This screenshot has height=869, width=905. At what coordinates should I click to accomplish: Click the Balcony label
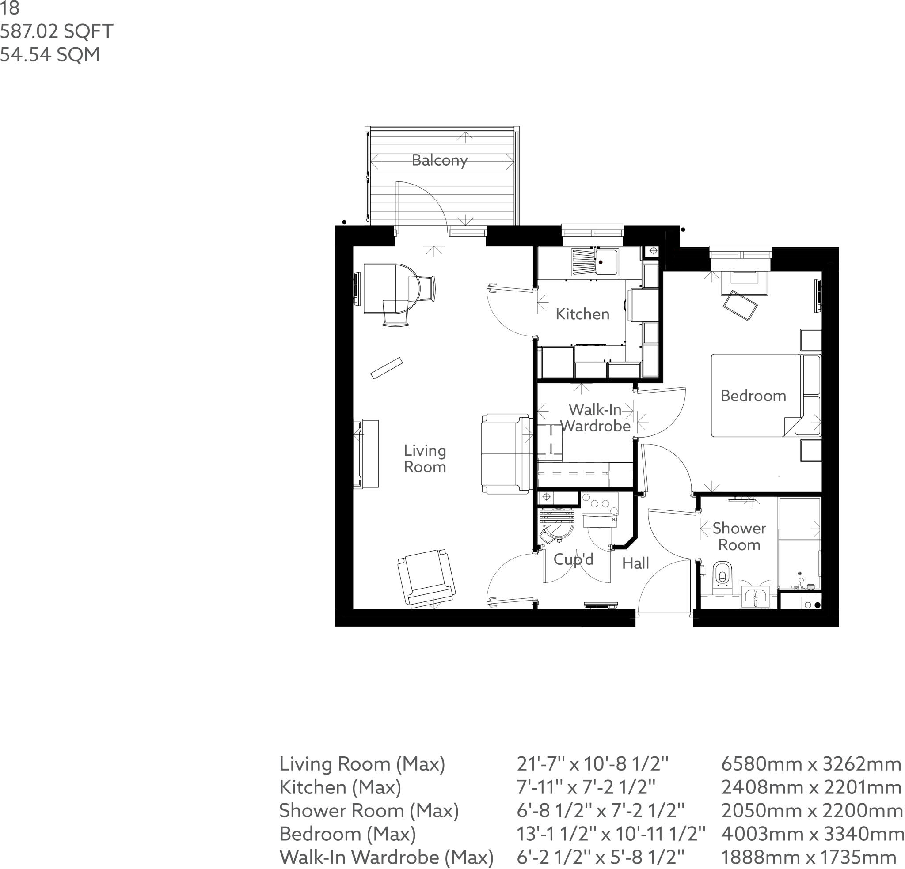(x=439, y=160)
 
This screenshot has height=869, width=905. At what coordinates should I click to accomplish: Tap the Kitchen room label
(x=582, y=314)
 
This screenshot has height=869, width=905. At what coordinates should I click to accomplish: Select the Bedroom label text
(x=753, y=396)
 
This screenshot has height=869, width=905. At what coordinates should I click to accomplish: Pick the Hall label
(x=635, y=563)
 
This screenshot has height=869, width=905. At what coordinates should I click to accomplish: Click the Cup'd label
(x=573, y=559)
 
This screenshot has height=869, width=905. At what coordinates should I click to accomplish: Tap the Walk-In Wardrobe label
(x=595, y=417)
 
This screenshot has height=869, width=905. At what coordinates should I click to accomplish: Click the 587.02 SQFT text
(x=56, y=31)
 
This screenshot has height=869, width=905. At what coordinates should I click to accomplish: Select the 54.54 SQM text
(x=50, y=54)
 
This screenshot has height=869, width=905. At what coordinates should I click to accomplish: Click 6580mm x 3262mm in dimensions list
(x=811, y=764)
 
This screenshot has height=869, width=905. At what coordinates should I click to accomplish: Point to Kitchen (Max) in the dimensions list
(x=340, y=787)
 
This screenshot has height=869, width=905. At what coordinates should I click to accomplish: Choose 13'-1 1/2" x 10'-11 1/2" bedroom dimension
(x=610, y=834)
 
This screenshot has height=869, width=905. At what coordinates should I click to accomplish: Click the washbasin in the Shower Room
(x=755, y=597)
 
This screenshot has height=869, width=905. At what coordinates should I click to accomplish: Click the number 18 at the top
(x=10, y=8)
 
